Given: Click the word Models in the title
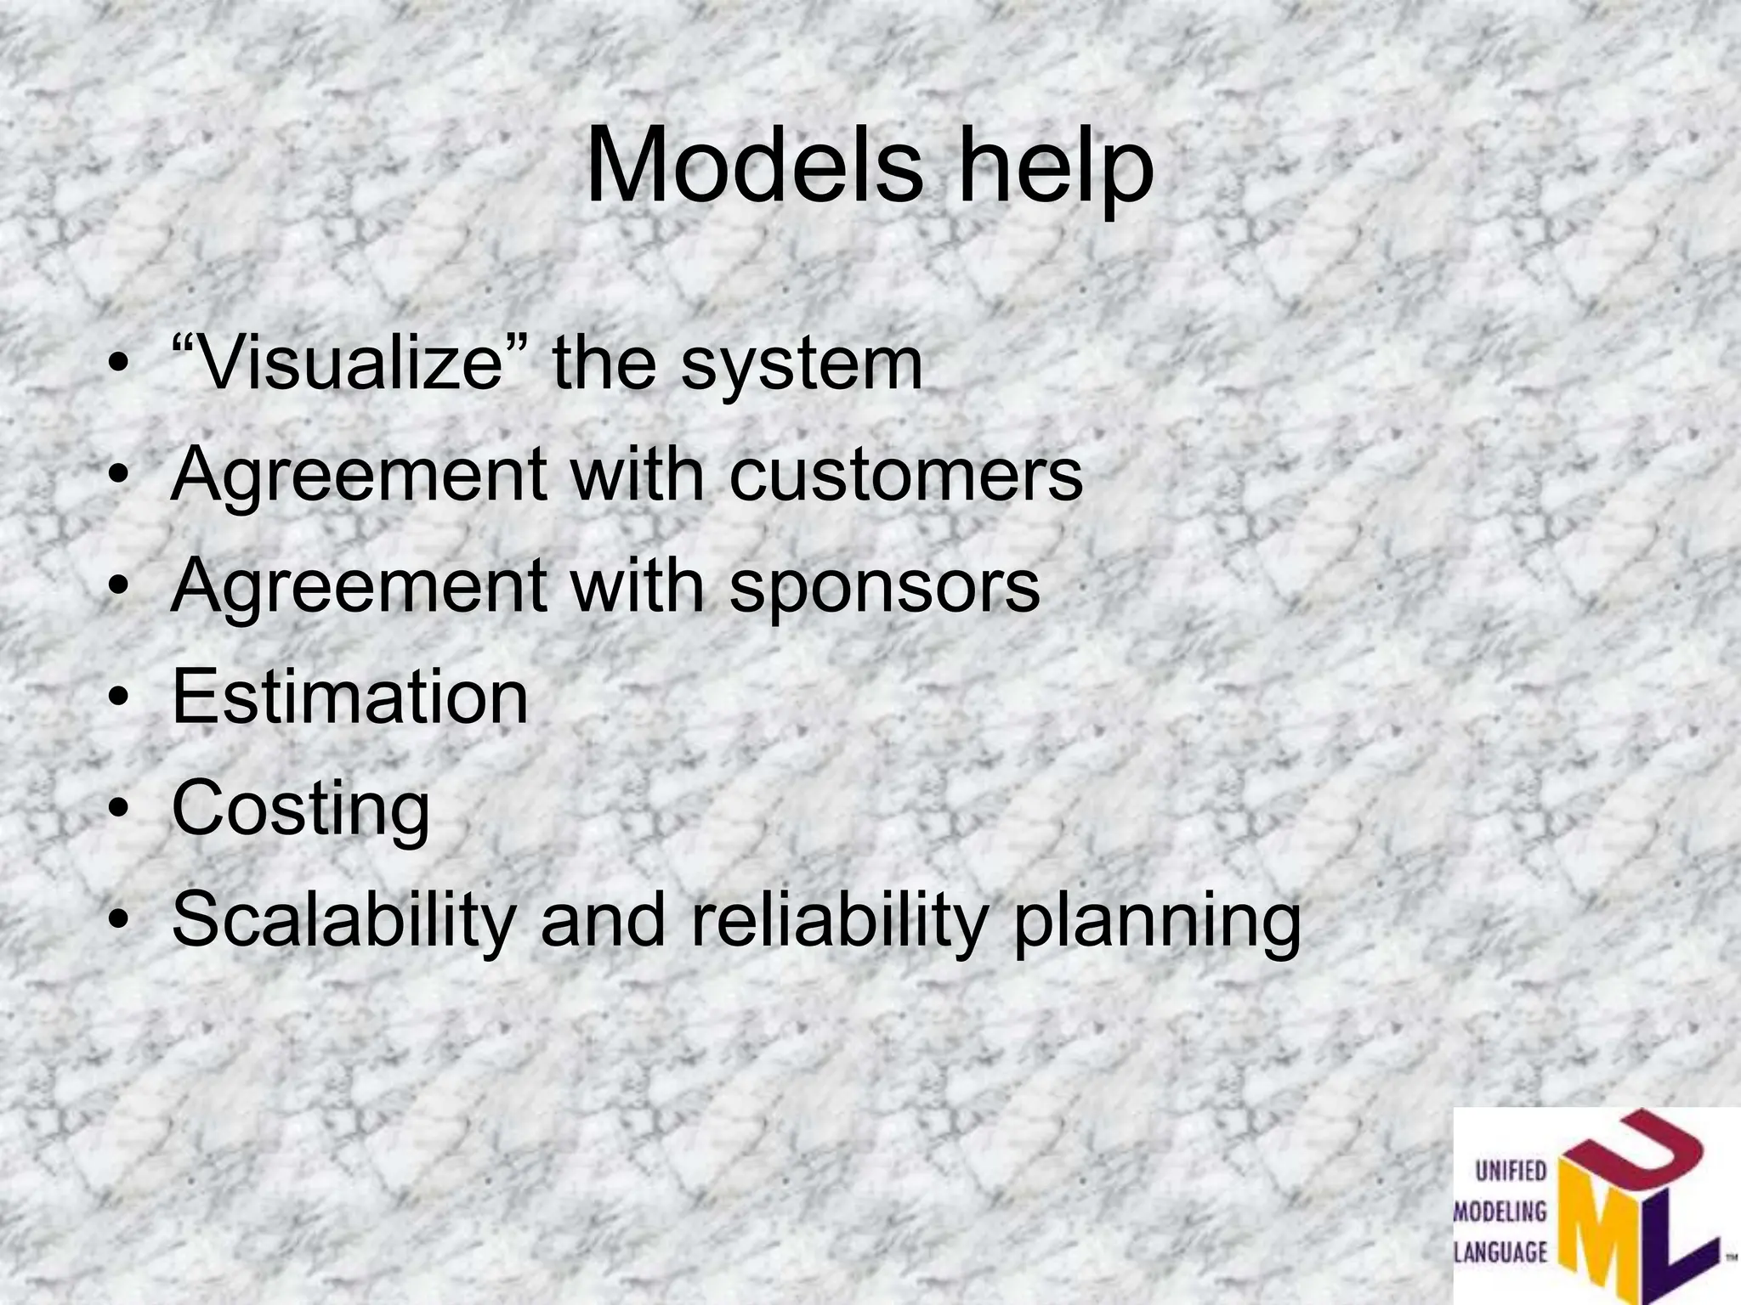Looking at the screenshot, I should point(753,165).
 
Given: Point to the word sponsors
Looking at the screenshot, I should point(884,588).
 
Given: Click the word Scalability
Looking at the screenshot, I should point(344,923).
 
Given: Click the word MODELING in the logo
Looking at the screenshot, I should point(1500,1212).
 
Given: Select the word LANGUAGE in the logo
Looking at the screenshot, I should point(1500,1251).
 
